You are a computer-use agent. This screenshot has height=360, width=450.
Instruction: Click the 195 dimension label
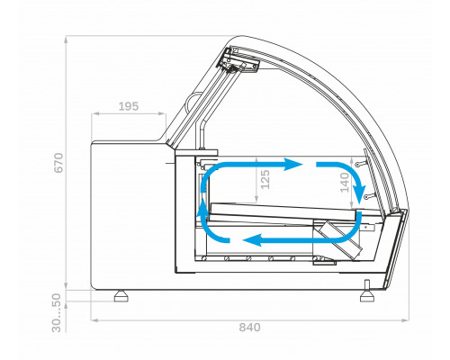click(129, 106)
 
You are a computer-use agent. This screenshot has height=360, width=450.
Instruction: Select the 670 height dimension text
click(58, 163)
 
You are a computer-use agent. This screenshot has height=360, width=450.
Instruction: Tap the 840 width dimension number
click(249, 328)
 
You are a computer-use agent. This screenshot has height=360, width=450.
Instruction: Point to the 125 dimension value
click(265, 179)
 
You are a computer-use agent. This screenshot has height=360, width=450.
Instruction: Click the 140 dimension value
click(345, 182)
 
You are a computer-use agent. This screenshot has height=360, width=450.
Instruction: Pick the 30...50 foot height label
click(57, 313)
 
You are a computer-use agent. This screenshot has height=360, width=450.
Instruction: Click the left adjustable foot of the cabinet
click(121, 296)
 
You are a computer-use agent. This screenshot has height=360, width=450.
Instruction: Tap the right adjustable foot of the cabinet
click(367, 292)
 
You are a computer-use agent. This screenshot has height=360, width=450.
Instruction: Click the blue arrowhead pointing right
click(293, 165)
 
